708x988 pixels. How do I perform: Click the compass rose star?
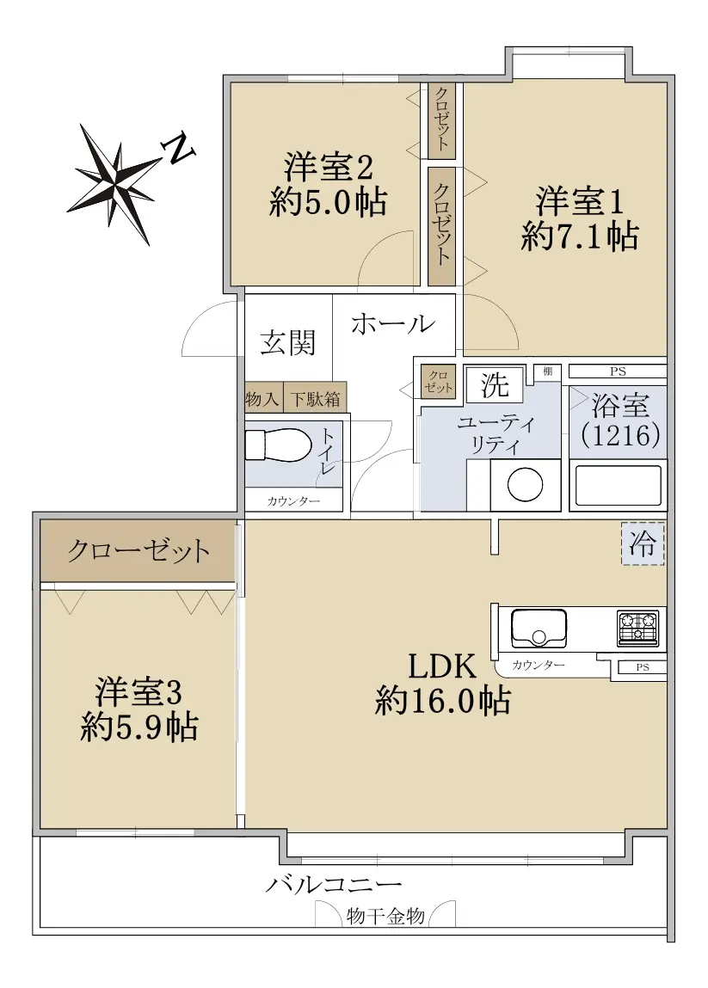click(114, 183)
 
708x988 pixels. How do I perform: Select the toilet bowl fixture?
click(278, 445)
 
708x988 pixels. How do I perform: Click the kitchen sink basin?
click(538, 628)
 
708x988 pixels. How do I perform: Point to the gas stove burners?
click(638, 629)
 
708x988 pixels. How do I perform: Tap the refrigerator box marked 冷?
click(643, 543)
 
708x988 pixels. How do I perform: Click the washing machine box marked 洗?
click(495, 384)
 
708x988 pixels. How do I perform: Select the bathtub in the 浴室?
click(618, 485)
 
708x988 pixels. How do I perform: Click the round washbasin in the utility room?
click(525, 485)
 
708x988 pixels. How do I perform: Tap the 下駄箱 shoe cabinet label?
click(315, 400)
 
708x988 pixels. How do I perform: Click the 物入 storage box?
click(263, 400)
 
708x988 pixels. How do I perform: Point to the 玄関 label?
click(287, 343)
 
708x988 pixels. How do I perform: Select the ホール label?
click(393, 324)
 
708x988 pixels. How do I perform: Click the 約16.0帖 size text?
click(442, 700)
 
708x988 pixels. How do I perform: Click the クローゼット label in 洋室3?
click(139, 551)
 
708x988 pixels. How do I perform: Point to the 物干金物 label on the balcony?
click(385, 916)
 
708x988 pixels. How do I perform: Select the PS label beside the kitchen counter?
click(643, 667)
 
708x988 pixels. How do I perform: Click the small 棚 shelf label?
click(548, 371)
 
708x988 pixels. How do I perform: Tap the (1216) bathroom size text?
click(620, 435)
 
